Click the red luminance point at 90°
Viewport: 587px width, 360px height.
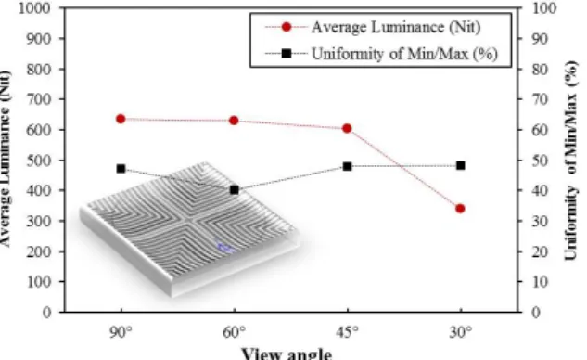(121, 119)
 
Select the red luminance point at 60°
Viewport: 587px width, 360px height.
(234, 121)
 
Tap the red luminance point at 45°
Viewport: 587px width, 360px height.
(347, 128)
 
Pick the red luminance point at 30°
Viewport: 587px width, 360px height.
(461, 209)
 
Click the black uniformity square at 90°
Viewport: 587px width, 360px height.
(121, 169)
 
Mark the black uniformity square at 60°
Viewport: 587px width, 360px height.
(235, 190)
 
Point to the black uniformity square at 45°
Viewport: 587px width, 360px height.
(348, 166)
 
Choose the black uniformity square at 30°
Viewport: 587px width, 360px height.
(461, 165)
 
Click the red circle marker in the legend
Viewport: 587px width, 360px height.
(287, 27)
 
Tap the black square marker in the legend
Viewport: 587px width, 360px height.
(287, 54)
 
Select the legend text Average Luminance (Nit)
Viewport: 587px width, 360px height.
(396, 27)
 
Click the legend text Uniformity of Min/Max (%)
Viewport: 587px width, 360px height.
(404, 54)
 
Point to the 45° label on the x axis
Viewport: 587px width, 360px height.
(348, 332)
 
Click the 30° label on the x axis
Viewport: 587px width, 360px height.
(461, 332)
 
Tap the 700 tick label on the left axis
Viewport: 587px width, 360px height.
(38, 99)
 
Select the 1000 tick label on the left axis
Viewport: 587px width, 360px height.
(34, 8)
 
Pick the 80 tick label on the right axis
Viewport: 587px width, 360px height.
(541, 70)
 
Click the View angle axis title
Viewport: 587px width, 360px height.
(287, 354)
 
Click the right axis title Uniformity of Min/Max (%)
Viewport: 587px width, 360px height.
(570, 161)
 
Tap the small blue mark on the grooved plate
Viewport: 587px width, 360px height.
(226, 247)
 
